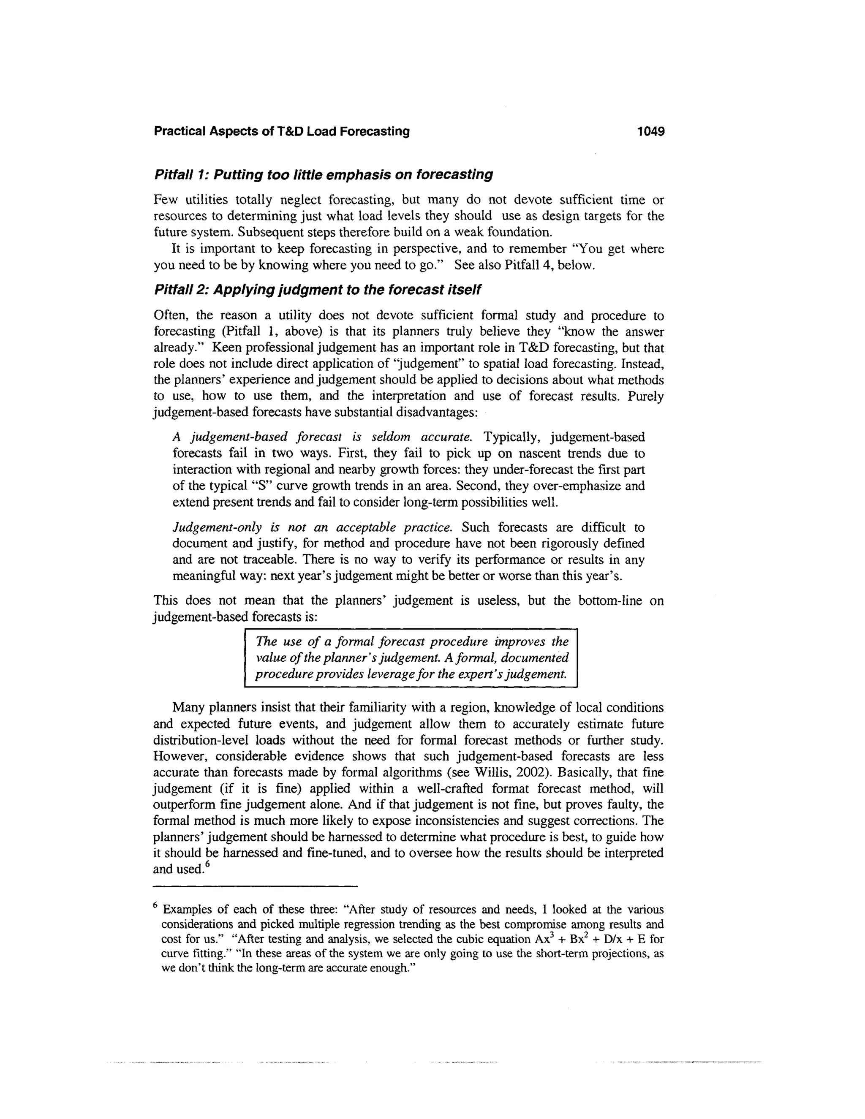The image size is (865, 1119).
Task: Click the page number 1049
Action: tap(650, 132)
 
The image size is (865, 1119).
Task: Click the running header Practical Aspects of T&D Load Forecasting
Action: tap(282, 132)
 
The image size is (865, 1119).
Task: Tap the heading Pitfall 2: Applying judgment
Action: tap(317, 290)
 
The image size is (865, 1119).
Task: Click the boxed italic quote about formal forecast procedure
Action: tap(411, 658)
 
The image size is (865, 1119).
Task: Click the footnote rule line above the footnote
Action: tap(255, 886)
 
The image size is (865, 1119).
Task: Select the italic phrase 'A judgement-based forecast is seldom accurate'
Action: tap(322, 437)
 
